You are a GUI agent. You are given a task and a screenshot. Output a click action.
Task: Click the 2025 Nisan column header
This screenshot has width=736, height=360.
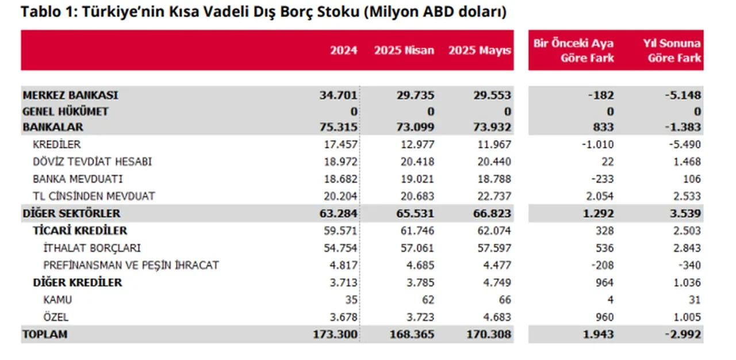tap(404, 51)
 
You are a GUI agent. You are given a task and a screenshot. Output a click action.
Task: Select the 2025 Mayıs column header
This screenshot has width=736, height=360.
tap(480, 51)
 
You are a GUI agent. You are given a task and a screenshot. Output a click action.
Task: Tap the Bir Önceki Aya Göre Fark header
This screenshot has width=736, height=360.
tap(573, 51)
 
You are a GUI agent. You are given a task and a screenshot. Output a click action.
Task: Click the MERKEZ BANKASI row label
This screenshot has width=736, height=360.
tap(70, 95)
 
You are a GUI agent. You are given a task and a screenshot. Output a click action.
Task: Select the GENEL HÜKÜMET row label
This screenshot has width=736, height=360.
tap(65, 111)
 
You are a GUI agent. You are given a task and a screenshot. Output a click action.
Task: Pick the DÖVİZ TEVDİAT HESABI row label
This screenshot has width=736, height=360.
tap(92, 162)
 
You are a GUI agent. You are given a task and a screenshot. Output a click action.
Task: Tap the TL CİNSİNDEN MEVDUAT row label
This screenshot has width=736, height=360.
tap(94, 196)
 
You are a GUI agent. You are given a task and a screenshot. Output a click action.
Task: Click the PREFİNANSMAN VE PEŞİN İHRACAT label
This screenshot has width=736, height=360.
tap(131, 265)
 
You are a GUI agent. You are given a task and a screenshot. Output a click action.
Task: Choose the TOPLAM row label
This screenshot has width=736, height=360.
tap(45, 334)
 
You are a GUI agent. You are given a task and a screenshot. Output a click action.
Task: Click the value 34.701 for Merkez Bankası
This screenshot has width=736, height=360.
tap(338, 95)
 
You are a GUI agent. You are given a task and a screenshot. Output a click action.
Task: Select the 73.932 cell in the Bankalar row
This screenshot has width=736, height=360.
tap(492, 127)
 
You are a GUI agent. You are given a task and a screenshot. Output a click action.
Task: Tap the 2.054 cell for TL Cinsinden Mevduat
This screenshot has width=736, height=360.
tap(598, 196)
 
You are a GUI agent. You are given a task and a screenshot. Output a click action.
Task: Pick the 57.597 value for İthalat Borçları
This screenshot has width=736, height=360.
tap(492, 248)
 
